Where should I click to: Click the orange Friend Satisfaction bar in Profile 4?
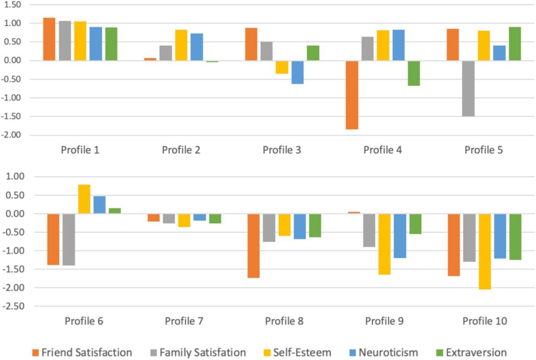coord(352,95)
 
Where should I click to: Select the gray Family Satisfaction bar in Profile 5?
coord(468,88)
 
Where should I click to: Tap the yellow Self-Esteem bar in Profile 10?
coord(485,251)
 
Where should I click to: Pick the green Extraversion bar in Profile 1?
coord(111,44)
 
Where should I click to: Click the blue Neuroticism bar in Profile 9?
coord(400,236)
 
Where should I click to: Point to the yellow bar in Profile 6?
coord(84,199)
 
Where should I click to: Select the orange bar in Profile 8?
coord(253,245)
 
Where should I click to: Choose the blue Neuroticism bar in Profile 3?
coord(298,72)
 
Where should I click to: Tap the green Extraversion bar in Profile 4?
coord(414,73)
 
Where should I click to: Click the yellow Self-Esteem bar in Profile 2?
coord(181,45)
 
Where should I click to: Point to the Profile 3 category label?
coord(282,150)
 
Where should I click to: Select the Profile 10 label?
coord(485,321)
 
